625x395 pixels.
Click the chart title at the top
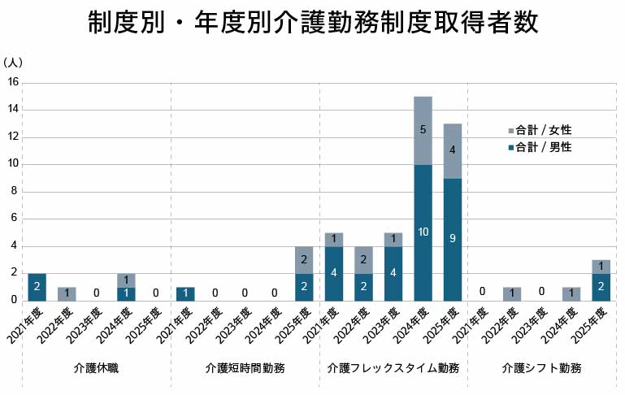tap(313, 21)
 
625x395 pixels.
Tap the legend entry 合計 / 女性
tap(540, 130)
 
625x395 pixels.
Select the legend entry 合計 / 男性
tap(540, 147)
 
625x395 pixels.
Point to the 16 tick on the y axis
tap(13, 82)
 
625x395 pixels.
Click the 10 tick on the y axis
tap(13, 163)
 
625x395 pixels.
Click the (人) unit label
tap(12, 63)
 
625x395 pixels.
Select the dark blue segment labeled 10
tap(423, 232)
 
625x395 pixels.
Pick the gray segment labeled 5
tap(423, 131)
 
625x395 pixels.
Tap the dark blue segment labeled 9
tap(453, 240)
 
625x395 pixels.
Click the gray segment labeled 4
tap(453, 151)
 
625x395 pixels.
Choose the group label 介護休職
tap(96, 368)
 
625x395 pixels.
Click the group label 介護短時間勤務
tap(245, 368)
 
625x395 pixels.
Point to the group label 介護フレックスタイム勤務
tap(393, 368)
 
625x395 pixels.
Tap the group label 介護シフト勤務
tap(541, 368)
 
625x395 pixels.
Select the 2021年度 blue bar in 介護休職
tap(37, 287)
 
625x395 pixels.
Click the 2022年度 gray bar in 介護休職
tap(67, 294)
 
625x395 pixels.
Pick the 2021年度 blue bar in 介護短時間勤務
tap(185, 294)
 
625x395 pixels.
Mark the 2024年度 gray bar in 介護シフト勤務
tap(571, 294)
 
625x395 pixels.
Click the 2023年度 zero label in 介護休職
tap(97, 293)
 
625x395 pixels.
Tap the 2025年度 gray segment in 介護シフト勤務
tap(601, 267)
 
